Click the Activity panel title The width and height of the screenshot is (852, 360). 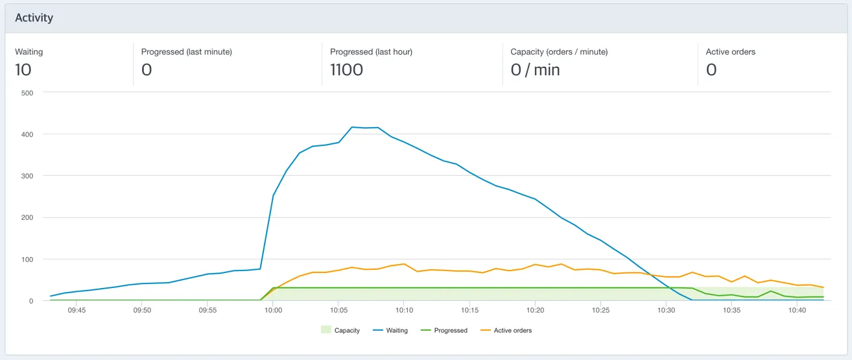[x=34, y=18]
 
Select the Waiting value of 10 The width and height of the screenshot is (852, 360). [x=23, y=69]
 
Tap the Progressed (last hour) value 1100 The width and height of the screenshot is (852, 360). [x=346, y=69]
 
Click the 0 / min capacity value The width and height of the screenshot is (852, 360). [x=535, y=69]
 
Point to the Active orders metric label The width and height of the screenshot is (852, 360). [x=730, y=52]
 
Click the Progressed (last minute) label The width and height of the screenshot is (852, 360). [x=186, y=52]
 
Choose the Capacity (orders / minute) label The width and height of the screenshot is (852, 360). [x=559, y=52]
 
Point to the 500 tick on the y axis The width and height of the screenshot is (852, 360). [x=27, y=93]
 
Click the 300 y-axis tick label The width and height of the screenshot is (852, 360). [x=27, y=176]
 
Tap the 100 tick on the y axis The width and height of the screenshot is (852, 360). [x=27, y=259]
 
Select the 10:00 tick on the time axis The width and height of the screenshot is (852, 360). [x=273, y=310]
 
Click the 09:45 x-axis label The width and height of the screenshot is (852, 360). [x=77, y=310]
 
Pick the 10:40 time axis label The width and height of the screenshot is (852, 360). [x=797, y=310]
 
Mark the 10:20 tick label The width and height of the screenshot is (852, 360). [x=535, y=310]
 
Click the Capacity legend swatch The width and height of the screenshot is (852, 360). [x=326, y=330]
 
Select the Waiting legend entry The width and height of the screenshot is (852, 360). [x=390, y=330]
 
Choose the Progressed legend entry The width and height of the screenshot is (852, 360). [x=444, y=330]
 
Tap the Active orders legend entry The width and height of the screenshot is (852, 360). [x=506, y=330]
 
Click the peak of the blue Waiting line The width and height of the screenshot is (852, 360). [x=352, y=127]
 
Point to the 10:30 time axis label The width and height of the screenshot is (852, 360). [x=666, y=310]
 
